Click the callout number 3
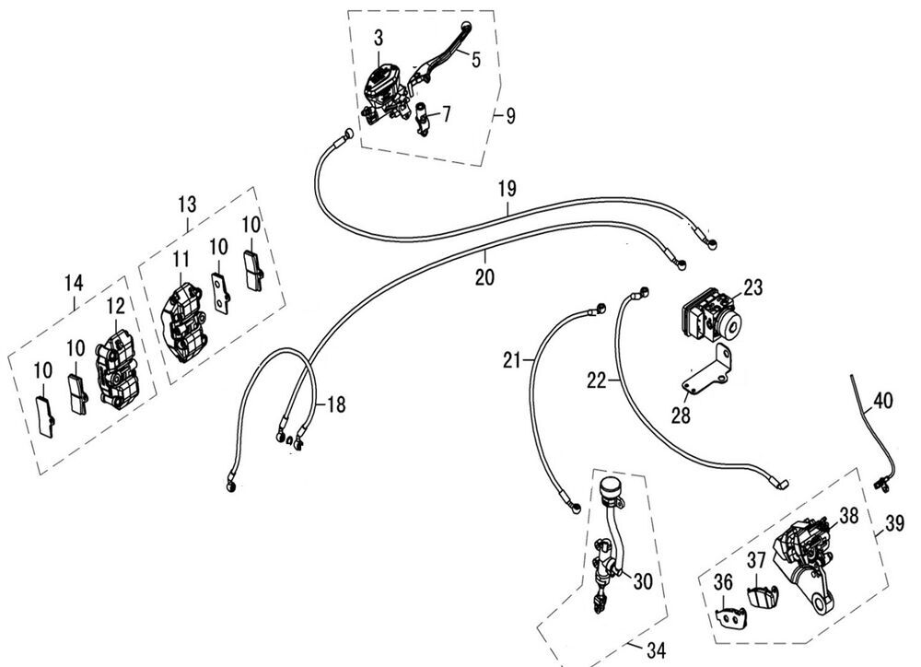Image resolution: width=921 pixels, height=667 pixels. point(378,38)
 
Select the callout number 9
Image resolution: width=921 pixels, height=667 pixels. point(509,116)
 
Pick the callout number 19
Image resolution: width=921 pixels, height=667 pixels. point(507,190)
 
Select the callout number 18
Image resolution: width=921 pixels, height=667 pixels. point(335,404)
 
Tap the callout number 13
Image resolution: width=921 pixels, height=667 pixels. point(188,203)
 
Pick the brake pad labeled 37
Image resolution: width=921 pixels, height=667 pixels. point(760,596)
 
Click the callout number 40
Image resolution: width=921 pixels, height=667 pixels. point(882,401)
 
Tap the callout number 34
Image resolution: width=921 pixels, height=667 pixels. point(656,651)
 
